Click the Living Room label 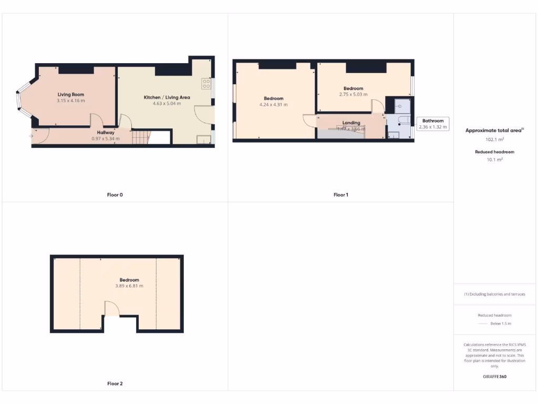[x=71, y=94]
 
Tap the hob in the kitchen [x=205, y=84]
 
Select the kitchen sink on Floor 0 [x=202, y=139]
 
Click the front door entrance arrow [x=32, y=136]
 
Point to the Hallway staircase [x=140, y=137]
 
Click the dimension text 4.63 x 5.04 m [x=167, y=104]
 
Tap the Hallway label [x=106, y=133]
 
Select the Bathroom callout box [x=433, y=124]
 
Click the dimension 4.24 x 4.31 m [x=274, y=105]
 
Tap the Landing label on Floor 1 [x=351, y=123]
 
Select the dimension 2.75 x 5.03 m [x=354, y=95]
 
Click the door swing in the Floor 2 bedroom [x=112, y=308]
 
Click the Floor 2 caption [x=115, y=383]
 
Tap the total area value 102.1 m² [x=494, y=140]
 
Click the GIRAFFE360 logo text [x=494, y=377]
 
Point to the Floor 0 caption [x=115, y=195]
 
